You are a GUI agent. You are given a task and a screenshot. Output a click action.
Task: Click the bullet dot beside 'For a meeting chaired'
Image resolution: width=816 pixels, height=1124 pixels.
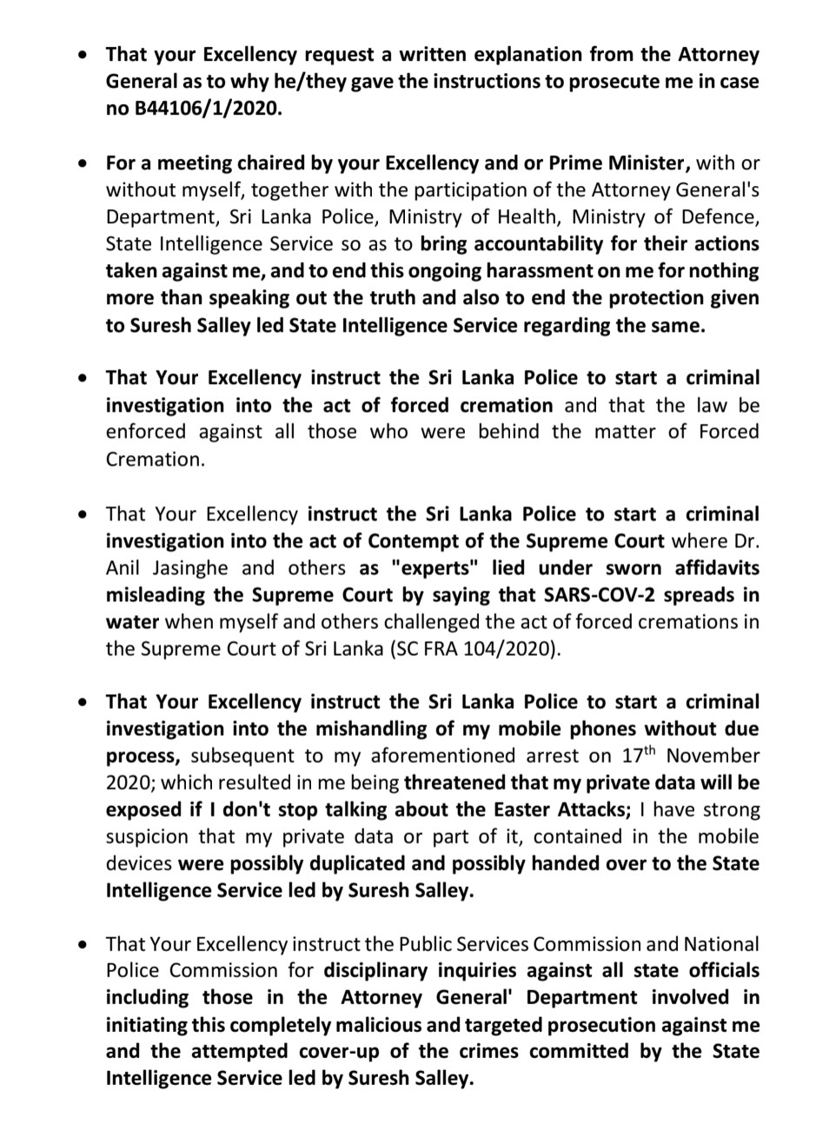point(82,162)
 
